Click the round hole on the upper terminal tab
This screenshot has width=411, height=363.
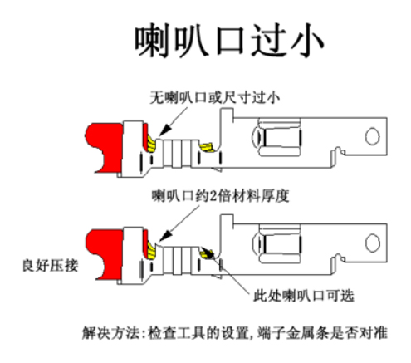(x=373, y=135)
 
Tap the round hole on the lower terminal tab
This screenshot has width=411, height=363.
(x=373, y=237)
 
